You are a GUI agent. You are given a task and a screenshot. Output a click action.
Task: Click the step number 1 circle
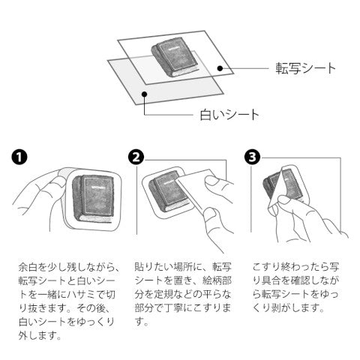19,157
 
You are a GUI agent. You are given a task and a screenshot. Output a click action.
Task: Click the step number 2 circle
136,157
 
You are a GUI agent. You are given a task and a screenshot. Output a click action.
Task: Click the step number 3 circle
252,157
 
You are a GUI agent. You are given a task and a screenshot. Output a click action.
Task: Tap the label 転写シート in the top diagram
305,68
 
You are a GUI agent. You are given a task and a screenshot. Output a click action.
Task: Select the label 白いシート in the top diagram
229,115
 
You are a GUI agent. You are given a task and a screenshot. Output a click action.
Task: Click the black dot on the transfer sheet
220,68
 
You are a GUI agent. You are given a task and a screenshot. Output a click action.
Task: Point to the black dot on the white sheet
144,94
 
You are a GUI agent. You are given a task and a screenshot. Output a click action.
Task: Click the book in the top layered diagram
175,59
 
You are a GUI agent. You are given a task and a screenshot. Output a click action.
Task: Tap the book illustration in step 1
93,198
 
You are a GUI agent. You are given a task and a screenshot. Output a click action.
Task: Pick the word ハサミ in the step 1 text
82,295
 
